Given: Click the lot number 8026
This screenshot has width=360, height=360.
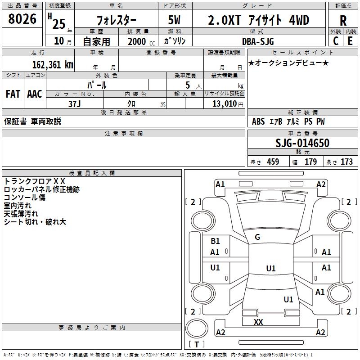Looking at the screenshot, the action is [x=22, y=19].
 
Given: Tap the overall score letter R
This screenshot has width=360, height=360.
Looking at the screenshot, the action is [x=343, y=20].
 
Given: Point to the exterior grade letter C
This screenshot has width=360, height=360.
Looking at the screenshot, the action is [x=335, y=40].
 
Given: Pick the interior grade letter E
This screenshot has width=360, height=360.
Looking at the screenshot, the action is [x=350, y=40].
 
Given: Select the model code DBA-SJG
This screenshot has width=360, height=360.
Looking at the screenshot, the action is [x=258, y=41].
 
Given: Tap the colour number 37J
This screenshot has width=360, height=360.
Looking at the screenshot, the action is [x=74, y=103].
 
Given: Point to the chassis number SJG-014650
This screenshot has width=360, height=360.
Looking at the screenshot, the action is [x=302, y=143].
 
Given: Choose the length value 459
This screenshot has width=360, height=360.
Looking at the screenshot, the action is [x=273, y=162].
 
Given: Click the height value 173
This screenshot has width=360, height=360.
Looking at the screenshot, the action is [x=346, y=162].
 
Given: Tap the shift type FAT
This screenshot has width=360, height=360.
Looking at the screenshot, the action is [x=13, y=94].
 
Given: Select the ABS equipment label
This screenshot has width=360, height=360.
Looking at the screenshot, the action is [x=258, y=121].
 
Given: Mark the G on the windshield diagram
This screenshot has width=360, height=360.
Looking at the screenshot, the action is [x=257, y=237].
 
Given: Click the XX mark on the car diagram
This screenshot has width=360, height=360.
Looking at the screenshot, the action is [x=258, y=322].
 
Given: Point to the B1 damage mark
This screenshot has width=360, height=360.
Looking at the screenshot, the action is [x=215, y=241].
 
